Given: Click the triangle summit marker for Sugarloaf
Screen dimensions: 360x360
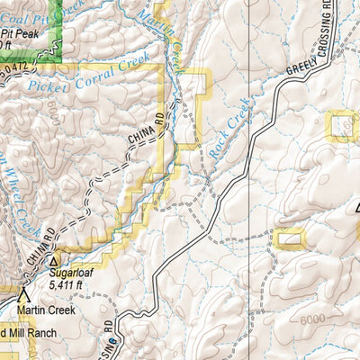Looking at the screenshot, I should pyautogui.click(x=53, y=261).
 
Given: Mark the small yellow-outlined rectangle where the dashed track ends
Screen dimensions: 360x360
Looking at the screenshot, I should pyautogui.click(x=290, y=238).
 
